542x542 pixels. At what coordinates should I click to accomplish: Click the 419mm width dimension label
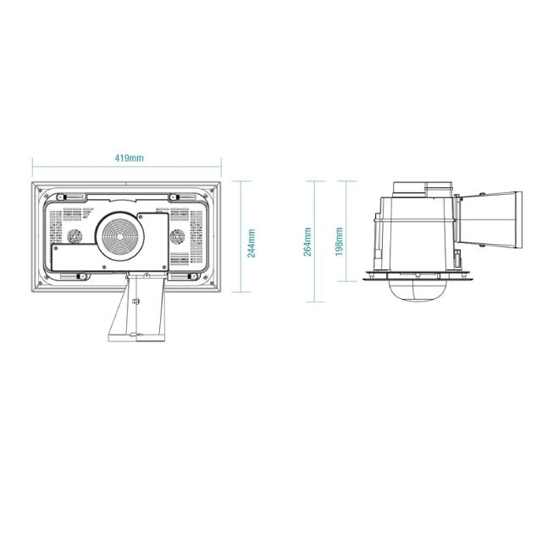click(x=129, y=158)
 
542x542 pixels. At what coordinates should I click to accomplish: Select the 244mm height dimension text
click(x=252, y=243)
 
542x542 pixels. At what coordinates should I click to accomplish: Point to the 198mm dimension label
click(x=340, y=241)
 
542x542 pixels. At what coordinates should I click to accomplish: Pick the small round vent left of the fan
click(x=74, y=237)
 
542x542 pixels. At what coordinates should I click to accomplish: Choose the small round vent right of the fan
click(x=178, y=237)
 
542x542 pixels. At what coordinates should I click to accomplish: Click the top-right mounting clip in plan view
click(x=177, y=197)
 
